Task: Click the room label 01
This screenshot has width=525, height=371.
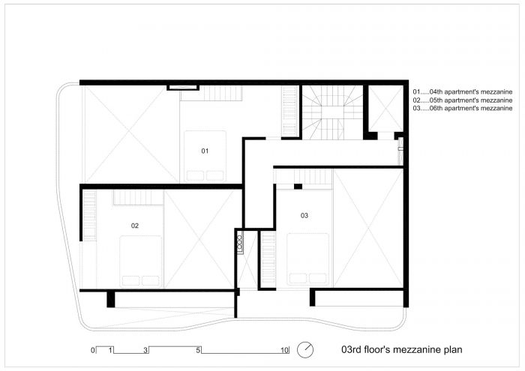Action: [205, 151]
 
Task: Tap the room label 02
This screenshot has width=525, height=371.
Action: [134, 226]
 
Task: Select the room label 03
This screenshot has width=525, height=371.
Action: [304, 215]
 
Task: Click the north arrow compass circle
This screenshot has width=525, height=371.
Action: [305, 349]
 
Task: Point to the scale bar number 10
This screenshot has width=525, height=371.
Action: [284, 350]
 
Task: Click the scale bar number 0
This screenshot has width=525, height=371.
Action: [93, 350]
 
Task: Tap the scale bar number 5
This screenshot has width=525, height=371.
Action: [198, 350]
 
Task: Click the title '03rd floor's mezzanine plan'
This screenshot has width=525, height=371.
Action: [402, 349]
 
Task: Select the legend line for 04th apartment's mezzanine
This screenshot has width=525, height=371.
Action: [463, 91]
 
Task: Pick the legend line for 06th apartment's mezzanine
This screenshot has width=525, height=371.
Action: [463, 108]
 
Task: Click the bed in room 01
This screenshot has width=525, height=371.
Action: [205, 156]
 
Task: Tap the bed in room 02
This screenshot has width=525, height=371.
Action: [141, 262]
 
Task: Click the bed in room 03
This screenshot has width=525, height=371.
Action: [307, 259]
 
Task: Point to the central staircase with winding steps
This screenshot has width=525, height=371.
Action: [332, 112]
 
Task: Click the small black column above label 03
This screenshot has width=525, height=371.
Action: [298, 187]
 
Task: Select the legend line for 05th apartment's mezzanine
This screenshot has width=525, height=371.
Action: [463, 100]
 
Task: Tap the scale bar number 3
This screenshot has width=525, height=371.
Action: [145, 350]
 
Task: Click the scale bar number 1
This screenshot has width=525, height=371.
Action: [110, 350]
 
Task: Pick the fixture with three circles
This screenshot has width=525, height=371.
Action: [240, 242]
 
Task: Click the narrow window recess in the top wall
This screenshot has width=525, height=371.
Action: [183, 88]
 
